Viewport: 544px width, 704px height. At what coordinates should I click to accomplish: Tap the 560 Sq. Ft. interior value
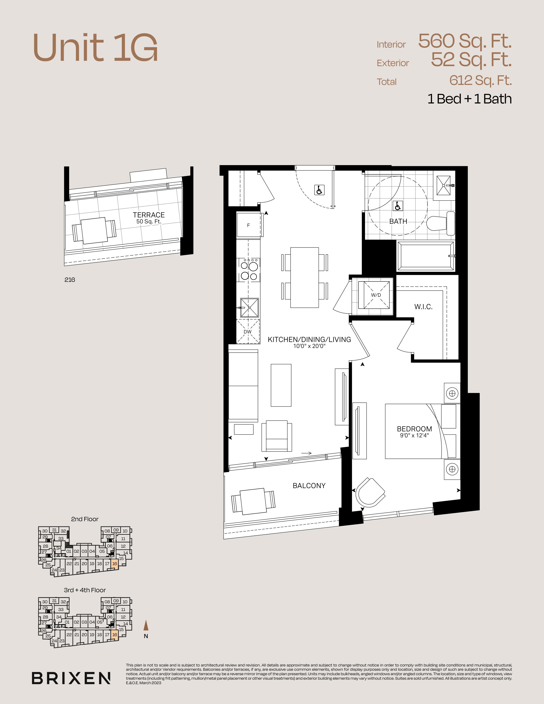coord(465,41)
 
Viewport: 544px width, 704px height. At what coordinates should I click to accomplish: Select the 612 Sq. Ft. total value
coord(480,81)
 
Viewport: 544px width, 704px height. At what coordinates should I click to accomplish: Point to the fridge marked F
coord(249,225)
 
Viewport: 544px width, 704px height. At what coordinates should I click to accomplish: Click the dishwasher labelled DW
coord(247,331)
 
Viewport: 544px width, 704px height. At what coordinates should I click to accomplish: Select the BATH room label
coord(398,221)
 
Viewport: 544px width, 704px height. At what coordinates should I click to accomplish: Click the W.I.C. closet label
coord(423,307)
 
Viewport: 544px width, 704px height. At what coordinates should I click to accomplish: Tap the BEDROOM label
coord(415,429)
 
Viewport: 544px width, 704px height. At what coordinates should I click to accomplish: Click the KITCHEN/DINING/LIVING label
coord(309,339)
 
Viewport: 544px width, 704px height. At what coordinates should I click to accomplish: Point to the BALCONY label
coord(309,486)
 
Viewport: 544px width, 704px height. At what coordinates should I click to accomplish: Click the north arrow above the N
coord(146,625)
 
